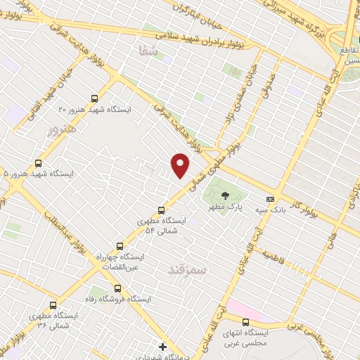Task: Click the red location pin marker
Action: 181,165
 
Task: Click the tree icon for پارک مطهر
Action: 226,195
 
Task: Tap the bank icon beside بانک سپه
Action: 270,199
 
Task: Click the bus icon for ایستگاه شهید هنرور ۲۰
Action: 95,99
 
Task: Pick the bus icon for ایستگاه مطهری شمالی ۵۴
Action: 161,210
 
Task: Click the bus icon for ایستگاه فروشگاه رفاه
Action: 117,288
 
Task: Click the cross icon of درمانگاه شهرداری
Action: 162,346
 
